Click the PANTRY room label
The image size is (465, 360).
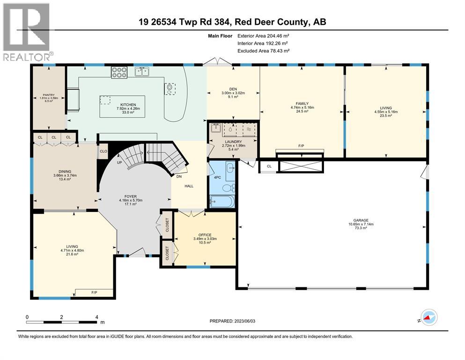point(49,95)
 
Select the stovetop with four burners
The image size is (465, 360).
point(119,72)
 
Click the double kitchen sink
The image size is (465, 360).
point(142,71)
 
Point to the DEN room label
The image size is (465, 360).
point(233,90)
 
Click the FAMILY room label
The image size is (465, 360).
point(302,104)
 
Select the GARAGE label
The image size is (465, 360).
point(361,220)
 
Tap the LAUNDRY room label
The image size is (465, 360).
point(233,142)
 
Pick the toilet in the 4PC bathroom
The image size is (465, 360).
point(227,188)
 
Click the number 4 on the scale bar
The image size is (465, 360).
point(96,317)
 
